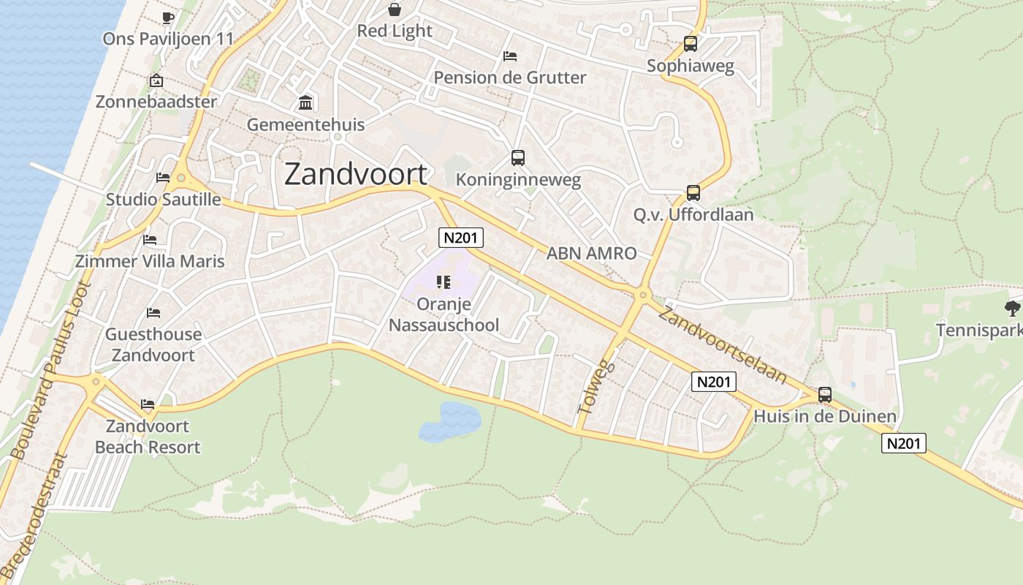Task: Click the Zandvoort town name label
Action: pos(355,174)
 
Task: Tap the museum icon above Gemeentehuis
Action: pos(305,102)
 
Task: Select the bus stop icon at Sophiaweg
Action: pos(691,44)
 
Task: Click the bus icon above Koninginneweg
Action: pos(518,157)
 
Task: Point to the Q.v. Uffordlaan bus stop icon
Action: pos(693,193)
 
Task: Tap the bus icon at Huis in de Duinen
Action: pos(825,395)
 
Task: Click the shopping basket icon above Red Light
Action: pos(395,10)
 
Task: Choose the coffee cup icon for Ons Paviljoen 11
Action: pos(168,18)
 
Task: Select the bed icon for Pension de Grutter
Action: pos(510,56)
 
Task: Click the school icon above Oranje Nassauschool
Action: pos(443,282)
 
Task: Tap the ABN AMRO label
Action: pos(592,253)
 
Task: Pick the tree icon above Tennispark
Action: pos(1012,308)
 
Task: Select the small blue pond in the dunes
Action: pos(449,421)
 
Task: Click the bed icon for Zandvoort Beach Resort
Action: pos(148,404)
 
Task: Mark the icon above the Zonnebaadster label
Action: pos(156,80)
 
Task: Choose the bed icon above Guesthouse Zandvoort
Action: pos(153,313)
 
